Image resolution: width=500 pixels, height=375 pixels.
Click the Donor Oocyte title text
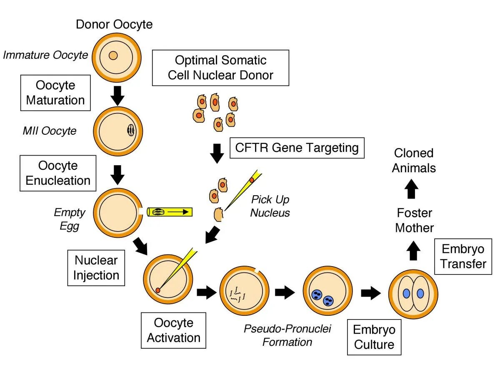click(114, 24)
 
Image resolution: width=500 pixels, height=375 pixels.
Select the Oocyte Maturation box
click(55, 93)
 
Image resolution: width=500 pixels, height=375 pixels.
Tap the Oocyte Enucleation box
click(58, 173)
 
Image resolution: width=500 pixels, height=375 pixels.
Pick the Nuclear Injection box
click(96, 268)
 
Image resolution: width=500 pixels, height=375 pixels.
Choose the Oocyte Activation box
click(173, 330)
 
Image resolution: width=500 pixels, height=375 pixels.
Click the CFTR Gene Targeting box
click(297, 148)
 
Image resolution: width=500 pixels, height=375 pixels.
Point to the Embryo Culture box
click(374, 337)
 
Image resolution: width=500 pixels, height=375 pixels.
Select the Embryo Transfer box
click(463, 257)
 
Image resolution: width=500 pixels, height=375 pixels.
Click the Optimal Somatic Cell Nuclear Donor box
click(220, 68)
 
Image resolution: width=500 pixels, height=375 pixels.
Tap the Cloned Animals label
click(414, 161)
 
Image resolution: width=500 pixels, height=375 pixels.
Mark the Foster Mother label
click(414, 220)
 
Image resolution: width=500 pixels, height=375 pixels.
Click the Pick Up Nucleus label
click(270, 206)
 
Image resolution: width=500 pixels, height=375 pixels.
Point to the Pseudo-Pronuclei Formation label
click(287, 335)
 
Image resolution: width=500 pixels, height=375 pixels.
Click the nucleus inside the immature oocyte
click(113, 55)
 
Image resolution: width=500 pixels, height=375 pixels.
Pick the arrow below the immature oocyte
click(118, 95)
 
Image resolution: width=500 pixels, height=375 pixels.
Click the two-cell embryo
click(413, 293)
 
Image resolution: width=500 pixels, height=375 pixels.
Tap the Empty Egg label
click(70, 219)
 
